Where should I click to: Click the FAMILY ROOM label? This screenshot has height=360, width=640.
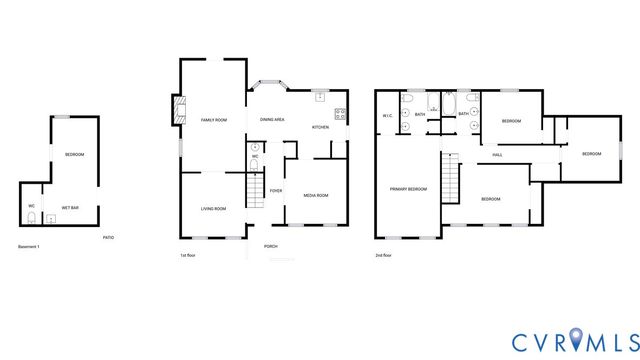(213, 120)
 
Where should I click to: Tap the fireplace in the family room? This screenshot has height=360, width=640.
(179, 109)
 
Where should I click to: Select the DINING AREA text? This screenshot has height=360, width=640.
(272, 120)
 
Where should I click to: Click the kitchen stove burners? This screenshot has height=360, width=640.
(340, 112)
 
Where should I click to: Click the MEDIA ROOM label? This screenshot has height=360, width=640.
(316, 195)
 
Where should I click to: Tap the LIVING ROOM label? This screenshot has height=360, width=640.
(213, 208)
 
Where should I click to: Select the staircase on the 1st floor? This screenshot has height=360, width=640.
(255, 190)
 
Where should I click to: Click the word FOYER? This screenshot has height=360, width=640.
(275, 190)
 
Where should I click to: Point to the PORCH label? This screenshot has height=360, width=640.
(270, 246)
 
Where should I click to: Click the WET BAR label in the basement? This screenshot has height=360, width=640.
(70, 207)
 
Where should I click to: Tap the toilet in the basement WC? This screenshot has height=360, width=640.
(32, 218)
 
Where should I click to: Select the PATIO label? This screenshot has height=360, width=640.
(108, 237)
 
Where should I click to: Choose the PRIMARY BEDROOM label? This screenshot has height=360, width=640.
(408, 189)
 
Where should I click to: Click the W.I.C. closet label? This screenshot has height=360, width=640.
(387, 116)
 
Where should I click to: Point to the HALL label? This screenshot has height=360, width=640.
(497, 155)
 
